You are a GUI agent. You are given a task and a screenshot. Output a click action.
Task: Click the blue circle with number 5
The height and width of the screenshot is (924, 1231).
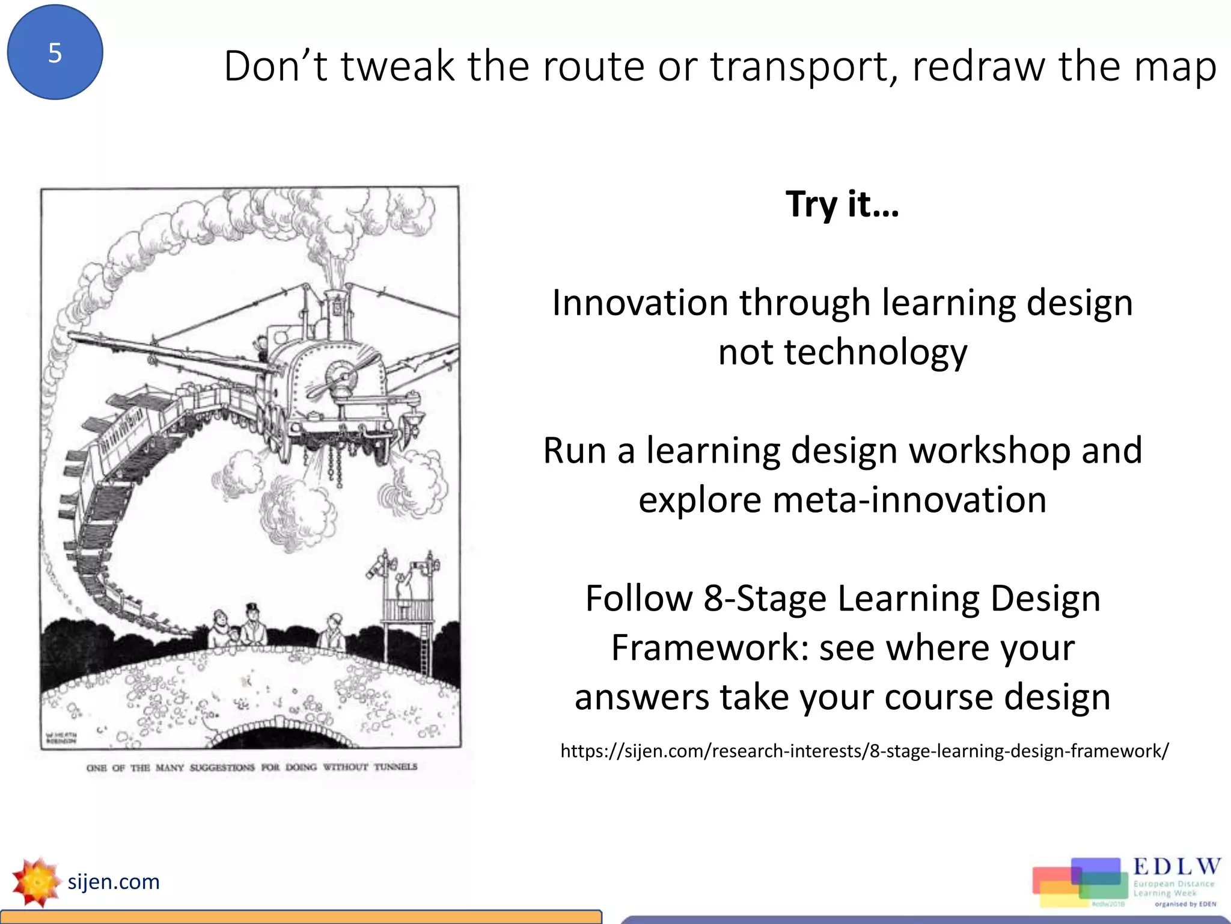[55, 53]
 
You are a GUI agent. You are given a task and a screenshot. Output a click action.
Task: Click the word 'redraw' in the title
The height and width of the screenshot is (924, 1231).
[979, 66]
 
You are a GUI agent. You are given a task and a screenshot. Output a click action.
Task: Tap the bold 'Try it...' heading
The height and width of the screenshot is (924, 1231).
[842, 205]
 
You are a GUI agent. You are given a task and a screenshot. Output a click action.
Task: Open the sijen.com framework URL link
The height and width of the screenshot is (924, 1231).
[864, 751]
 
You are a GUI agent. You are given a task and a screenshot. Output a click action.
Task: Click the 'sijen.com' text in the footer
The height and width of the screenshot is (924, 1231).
[114, 882]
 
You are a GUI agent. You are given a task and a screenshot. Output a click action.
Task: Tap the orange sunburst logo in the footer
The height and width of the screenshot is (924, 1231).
[36, 882]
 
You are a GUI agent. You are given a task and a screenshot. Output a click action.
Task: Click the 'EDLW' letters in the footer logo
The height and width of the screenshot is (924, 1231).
[1176, 867]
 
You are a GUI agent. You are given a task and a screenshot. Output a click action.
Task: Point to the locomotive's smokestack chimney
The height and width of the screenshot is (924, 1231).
[334, 301]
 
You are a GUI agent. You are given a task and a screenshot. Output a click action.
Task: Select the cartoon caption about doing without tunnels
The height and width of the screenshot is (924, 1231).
[252, 767]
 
